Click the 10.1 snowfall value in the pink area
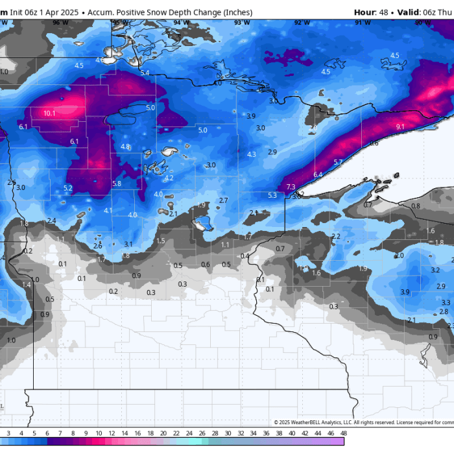(x=49, y=113)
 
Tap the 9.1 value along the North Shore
(x=400, y=126)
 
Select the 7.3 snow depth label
(x=291, y=187)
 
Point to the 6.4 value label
(x=318, y=175)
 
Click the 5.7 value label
(x=338, y=161)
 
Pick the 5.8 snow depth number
(x=117, y=184)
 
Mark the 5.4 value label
(x=145, y=73)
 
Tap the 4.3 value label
(x=252, y=154)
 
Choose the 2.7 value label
(x=224, y=200)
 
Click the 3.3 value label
(x=446, y=302)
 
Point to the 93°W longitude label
(x=241, y=22)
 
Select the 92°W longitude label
(x=302, y=22)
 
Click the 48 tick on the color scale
(x=342, y=433)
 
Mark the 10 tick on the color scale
(x=98, y=433)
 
